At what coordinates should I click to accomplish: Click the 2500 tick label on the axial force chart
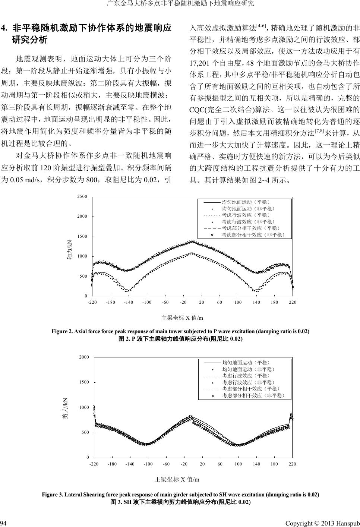(82, 196)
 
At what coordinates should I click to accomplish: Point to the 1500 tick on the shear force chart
(84, 382)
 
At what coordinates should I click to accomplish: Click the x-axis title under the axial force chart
(182, 318)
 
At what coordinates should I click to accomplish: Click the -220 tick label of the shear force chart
(94, 464)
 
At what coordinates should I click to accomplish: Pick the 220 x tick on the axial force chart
(293, 302)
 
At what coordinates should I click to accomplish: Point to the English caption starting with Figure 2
(180, 331)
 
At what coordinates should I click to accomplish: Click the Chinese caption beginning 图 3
(180, 502)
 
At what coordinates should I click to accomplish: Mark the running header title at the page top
(180, 4)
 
